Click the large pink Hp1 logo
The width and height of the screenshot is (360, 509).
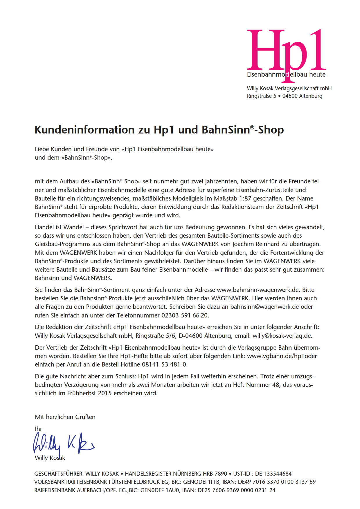point(286,51)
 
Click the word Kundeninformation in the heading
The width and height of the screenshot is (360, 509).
point(84,130)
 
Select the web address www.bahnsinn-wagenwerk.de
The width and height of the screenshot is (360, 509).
point(258,290)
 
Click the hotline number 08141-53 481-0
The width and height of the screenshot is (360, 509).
point(164,364)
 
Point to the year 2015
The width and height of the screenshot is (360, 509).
point(105,394)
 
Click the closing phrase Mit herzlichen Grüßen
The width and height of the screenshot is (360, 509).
point(65,417)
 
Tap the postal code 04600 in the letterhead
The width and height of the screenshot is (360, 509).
point(290,96)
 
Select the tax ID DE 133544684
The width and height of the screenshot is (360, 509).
point(273,474)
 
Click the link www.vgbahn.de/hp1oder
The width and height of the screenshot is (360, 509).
point(282,356)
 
